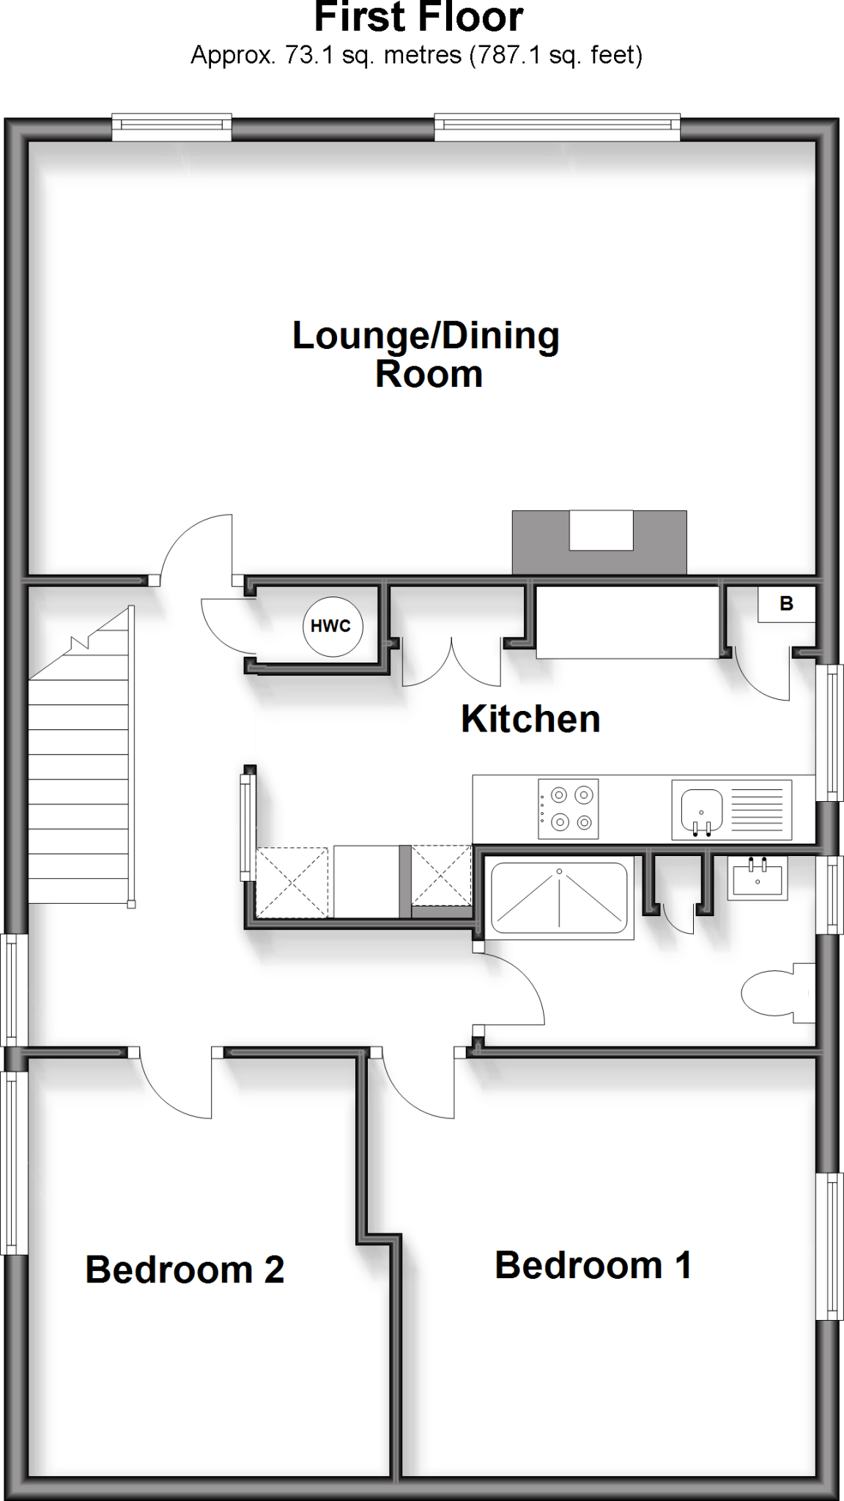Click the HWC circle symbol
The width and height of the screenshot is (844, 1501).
coord(333,626)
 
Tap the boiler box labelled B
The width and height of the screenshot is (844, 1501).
coord(786,605)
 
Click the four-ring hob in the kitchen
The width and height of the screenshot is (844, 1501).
coord(568,808)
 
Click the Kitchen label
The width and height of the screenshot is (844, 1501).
coord(530,719)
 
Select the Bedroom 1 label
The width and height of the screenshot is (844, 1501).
coord(593,1265)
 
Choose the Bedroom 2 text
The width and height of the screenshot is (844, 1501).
coord(185,1269)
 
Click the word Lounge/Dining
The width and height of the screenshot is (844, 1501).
coord(426,336)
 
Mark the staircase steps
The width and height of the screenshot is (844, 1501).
coord(78,792)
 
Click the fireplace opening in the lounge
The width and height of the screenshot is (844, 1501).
coord(601,531)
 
